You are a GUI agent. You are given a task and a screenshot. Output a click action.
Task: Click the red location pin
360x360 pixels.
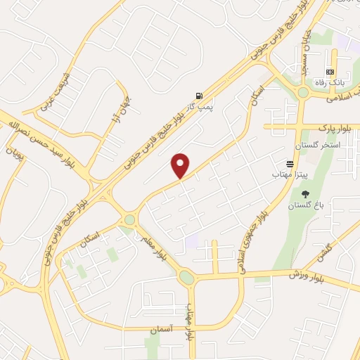(181, 166)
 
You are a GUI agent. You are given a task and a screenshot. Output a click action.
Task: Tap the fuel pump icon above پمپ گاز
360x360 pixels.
(200, 96)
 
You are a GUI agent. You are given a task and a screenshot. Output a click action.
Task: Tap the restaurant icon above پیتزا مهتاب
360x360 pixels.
(289, 162)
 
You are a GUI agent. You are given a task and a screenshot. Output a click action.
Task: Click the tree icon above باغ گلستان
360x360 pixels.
(304, 194)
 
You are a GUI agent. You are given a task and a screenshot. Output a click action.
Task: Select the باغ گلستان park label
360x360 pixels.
(303, 205)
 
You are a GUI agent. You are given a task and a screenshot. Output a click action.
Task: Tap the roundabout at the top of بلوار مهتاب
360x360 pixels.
(186, 278)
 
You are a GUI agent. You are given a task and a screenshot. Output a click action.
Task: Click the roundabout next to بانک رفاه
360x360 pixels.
(303, 92)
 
